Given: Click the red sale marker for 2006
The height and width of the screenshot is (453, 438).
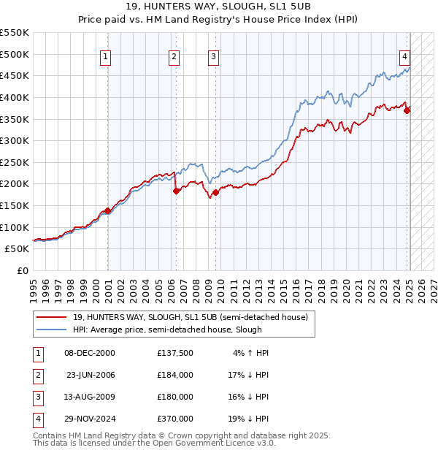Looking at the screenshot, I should tap(176, 191).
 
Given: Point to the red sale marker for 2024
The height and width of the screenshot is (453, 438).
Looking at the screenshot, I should tap(407, 110).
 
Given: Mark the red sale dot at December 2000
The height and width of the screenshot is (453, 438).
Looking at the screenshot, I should tap(108, 210).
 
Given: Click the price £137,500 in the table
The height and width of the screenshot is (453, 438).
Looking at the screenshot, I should tap(175, 353).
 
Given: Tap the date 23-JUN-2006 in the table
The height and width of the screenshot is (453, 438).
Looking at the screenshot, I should tap(91, 375).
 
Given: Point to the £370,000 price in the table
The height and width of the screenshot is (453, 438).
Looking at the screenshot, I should tap(175, 419).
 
